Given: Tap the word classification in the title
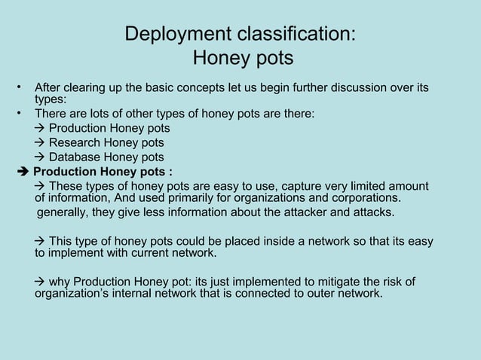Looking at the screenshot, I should point(290,35).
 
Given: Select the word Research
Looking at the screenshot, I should point(78,143).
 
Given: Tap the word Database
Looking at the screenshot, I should point(78,157).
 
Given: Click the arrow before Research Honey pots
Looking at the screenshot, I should point(41,143).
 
